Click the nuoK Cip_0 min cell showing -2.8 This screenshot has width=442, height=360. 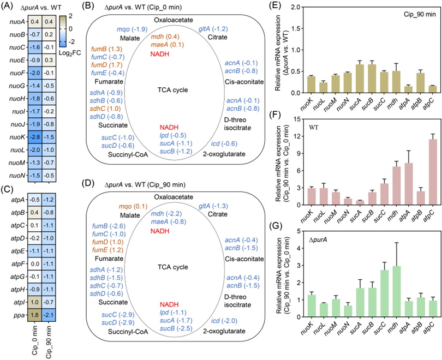click(x=35, y=137)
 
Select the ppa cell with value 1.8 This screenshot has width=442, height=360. click(x=35, y=315)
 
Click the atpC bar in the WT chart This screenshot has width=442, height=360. click(x=433, y=172)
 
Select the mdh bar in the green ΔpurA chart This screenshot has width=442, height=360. click(x=396, y=291)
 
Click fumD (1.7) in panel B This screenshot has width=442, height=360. click(x=107, y=65)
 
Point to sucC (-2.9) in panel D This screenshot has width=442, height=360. click(x=118, y=315)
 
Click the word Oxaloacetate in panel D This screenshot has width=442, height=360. click(x=174, y=197)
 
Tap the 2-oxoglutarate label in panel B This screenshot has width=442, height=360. click(x=224, y=154)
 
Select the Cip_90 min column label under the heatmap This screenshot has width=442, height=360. click(x=49, y=341)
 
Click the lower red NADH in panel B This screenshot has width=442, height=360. click(x=169, y=127)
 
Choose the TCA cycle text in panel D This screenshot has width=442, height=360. click(x=173, y=267)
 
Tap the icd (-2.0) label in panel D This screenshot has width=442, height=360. click(x=224, y=321)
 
